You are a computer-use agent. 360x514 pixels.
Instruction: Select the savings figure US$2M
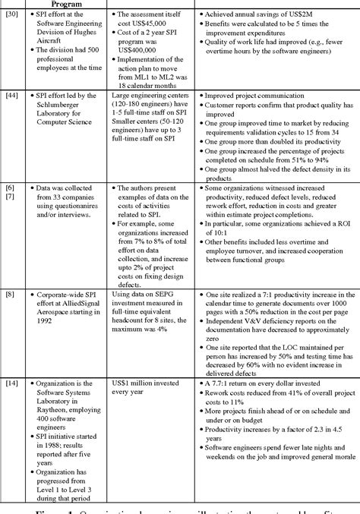302,15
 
